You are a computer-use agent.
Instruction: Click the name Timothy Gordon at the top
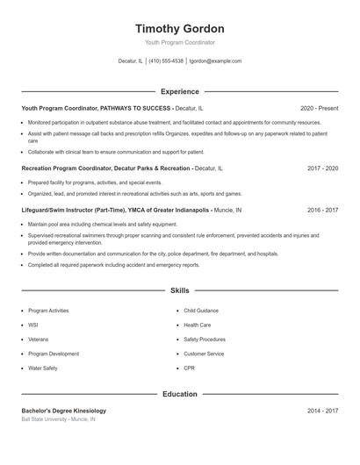pos(180,28)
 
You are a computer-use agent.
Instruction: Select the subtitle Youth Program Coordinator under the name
pos(180,42)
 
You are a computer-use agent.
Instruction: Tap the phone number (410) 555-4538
pos(166,61)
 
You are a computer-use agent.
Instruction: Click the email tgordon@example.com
pos(216,61)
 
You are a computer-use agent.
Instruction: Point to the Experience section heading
pos(180,91)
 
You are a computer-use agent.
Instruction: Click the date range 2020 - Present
pos(319,108)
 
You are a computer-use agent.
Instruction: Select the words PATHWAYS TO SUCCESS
pos(135,108)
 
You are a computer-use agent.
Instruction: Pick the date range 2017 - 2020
pos(322,168)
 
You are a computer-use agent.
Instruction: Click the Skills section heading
pos(180,290)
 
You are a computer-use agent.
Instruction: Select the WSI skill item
pos(33,325)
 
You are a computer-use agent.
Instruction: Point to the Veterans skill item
pos(39,340)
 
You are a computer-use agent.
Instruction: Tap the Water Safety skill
pos(43,368)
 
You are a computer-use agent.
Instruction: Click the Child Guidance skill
pos(201,311)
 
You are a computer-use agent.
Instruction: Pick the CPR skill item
pos(190,368)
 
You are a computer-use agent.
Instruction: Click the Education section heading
pos(180,394)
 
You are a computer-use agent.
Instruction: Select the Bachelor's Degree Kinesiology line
pos(64,411)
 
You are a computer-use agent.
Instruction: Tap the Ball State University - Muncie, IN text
pos(59,419)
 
